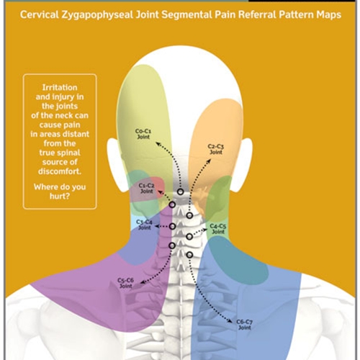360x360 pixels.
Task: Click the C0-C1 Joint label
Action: point(143,134)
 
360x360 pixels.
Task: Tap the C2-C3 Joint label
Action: point(216,149)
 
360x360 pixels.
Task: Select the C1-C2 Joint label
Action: point(146,189)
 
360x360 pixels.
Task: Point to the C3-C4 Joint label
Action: point(144,225)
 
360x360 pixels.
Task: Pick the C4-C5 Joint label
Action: point(218,229)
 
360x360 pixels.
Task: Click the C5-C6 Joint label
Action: point(125,283)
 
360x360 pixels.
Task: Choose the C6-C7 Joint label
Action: point(244,325)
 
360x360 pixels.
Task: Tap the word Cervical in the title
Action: point(40,14)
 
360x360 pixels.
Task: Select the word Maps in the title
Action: point(328,15)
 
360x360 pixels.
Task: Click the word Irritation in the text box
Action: point(60,87)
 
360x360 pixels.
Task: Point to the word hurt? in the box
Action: point(60,197)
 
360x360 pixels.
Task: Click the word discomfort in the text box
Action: point(59,171)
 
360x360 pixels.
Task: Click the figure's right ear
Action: point(243,166)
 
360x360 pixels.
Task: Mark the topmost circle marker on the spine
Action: point(181,192)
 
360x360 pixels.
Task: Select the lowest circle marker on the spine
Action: point(189,255)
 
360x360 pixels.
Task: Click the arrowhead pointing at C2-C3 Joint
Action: point(209,161)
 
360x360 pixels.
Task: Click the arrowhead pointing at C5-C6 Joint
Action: point(142,282)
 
